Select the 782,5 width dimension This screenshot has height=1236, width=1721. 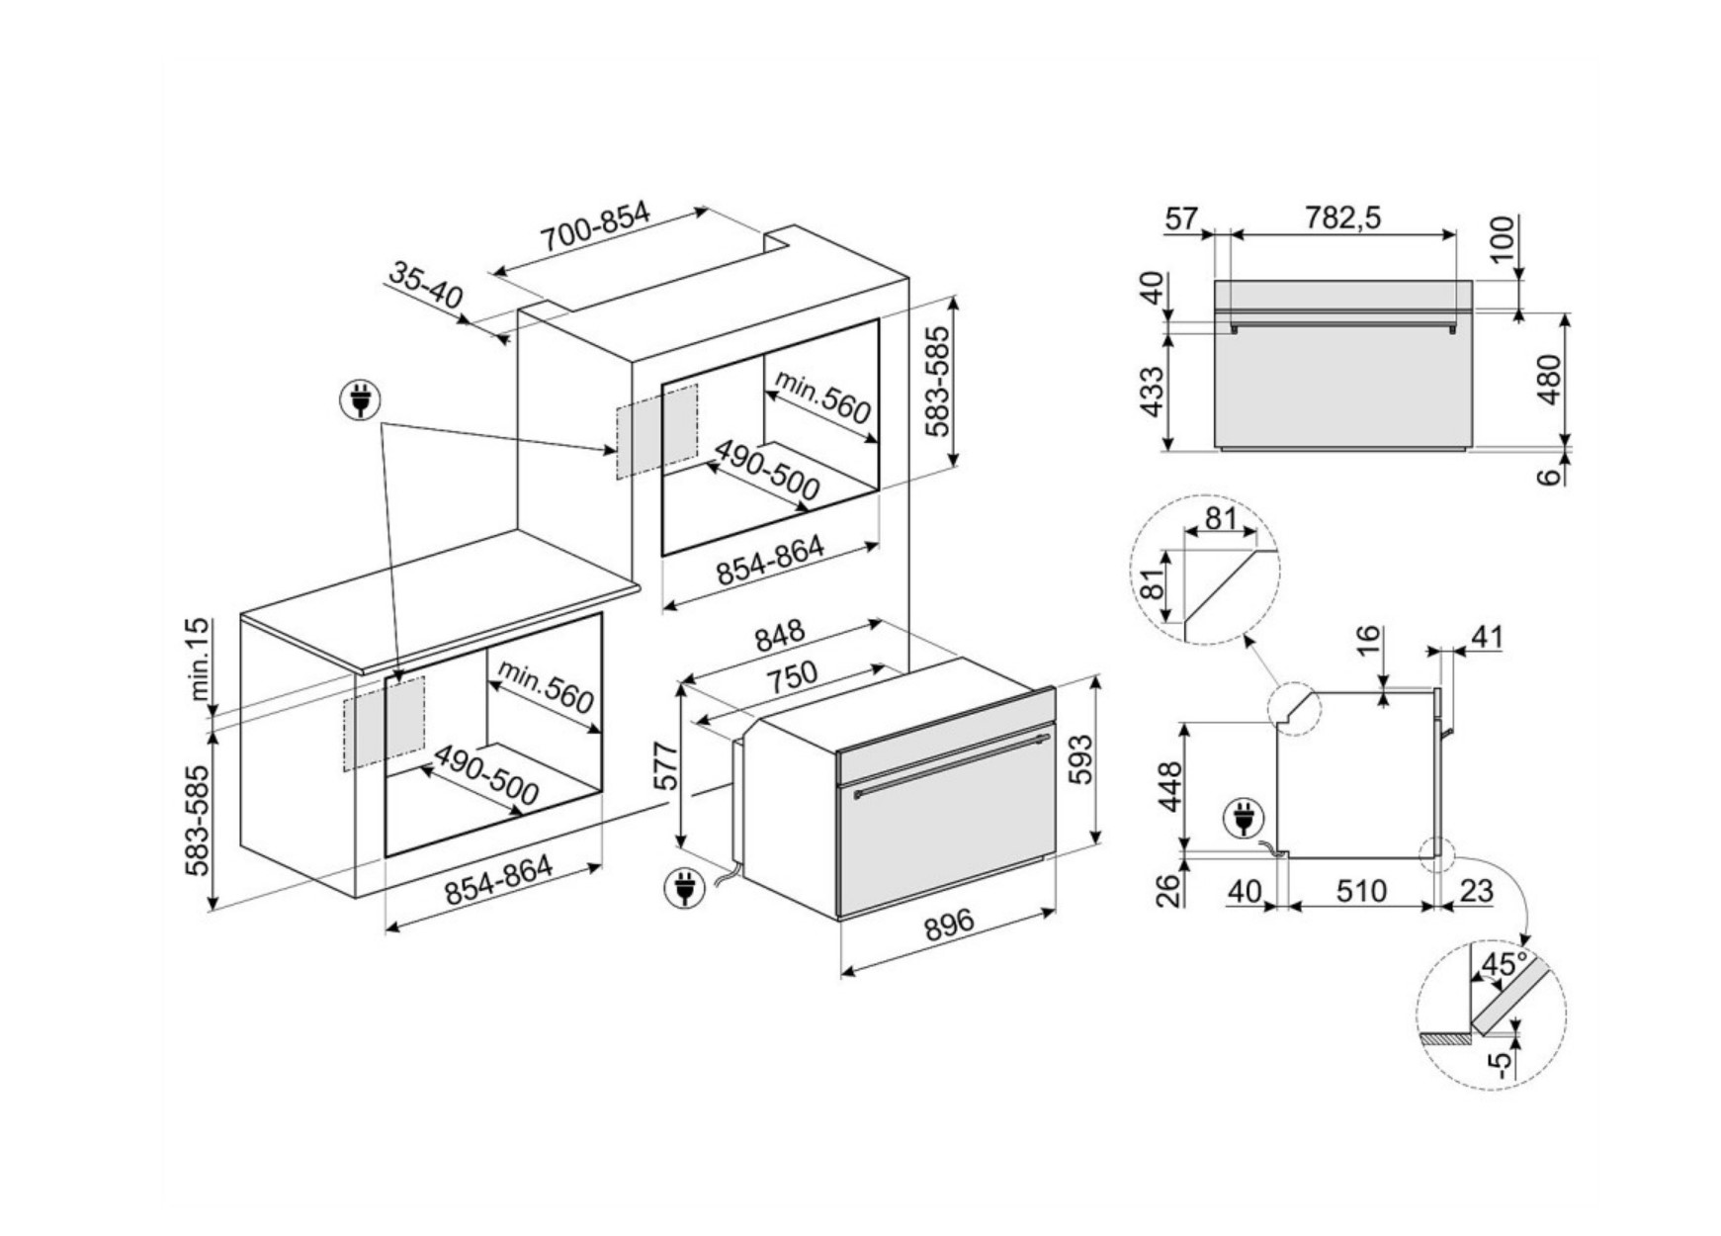[x=1341, y=218]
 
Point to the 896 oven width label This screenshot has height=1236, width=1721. [x=949, y=926]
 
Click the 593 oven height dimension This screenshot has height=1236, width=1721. [x=1082, y=758]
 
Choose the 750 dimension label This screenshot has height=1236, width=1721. [x=792, y=677]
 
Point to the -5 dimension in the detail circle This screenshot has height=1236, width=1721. [x=1500, y=1063]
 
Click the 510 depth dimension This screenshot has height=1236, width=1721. [x=1361, y=891]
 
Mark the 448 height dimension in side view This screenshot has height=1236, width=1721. [x=1169, y=786]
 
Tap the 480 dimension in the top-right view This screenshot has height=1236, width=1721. [x=1549, y=379]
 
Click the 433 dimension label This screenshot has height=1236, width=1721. [x=1152, y=392]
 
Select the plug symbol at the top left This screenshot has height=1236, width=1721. [x=360, y=400]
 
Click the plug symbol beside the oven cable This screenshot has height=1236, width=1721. [x=684, y=887]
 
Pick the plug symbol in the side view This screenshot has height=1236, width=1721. [x=1243, y=819]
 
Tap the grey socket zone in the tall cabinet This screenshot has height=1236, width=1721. [x=657, y=431]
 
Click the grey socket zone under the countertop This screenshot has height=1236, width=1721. [x=384, y=723]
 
